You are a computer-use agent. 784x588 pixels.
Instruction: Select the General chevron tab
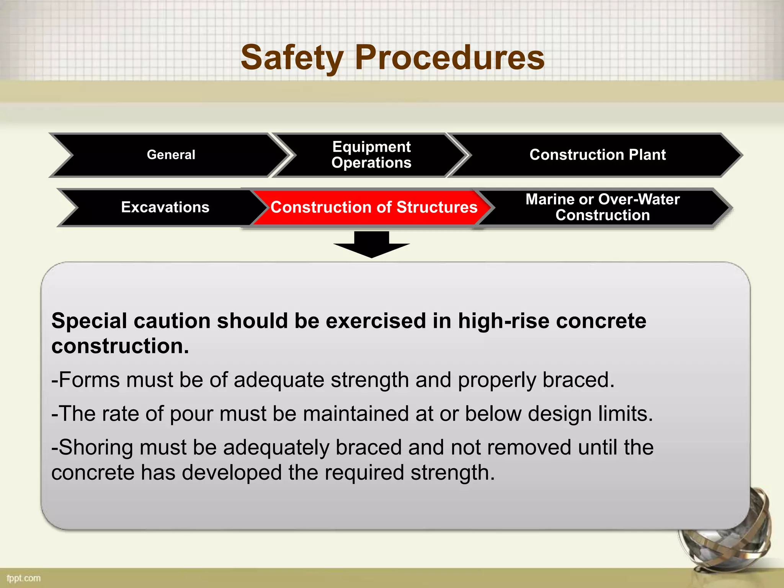[x=171, y=155]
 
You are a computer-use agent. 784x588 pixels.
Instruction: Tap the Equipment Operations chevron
[x=371, y=155]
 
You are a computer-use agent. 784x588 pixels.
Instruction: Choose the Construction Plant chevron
[x=597, y=155]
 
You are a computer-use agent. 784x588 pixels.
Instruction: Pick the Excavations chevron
[x=165, y=207]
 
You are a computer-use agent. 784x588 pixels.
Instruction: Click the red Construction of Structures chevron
[x=374, y=207]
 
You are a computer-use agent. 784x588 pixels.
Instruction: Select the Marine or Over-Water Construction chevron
[x=602, y=207]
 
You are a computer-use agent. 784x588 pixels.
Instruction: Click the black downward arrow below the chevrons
[x=371, y=245]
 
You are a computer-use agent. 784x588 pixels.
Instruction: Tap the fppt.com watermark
[x=23, y=578]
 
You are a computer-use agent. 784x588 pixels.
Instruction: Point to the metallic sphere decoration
[x=727, y=536]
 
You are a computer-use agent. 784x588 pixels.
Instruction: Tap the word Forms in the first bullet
[x=89, y=380]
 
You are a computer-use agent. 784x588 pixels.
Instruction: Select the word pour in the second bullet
[x=191, y=414]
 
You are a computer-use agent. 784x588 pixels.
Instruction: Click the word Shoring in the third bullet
[x=96, y=448]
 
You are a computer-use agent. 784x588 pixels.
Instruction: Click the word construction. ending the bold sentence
[x=120, y=346]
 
